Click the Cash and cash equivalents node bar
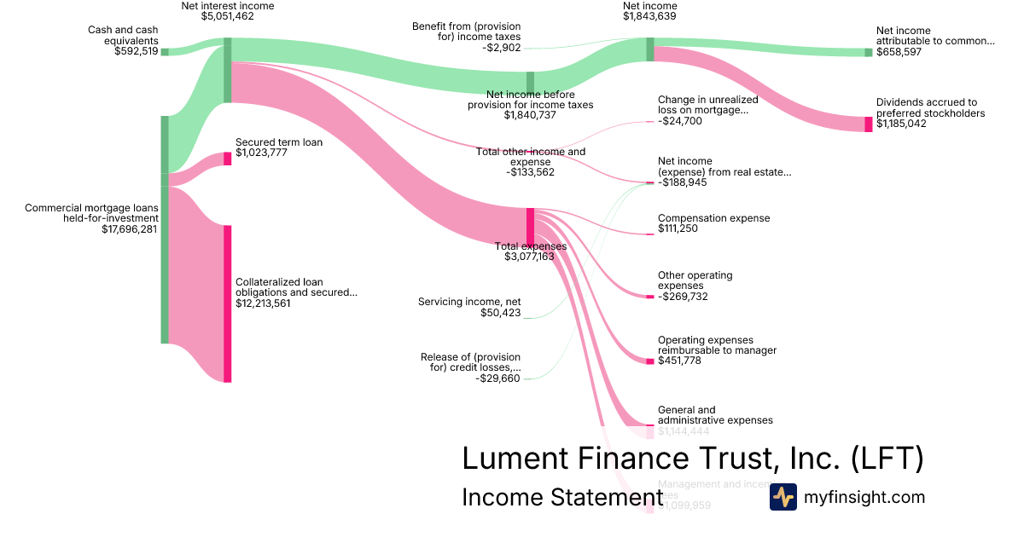click(x=165, y=52)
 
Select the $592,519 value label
click(x=136, y=51)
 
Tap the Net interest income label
click(x=227, y=5)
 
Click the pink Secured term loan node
click(x=227, y=159)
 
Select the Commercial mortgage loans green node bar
click(x=165, y=230)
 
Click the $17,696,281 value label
click(x=129, y=228)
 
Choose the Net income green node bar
click(x=649, y=49)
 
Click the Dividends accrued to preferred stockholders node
click(x=869, y=124)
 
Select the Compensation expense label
click(x=713, y=218)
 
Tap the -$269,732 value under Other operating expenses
click(x=683, y=297)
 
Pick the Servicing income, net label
click(x=469, y=302)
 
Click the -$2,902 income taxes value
click(x=501, y=48)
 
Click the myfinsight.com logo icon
click(x=783, y=497)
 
